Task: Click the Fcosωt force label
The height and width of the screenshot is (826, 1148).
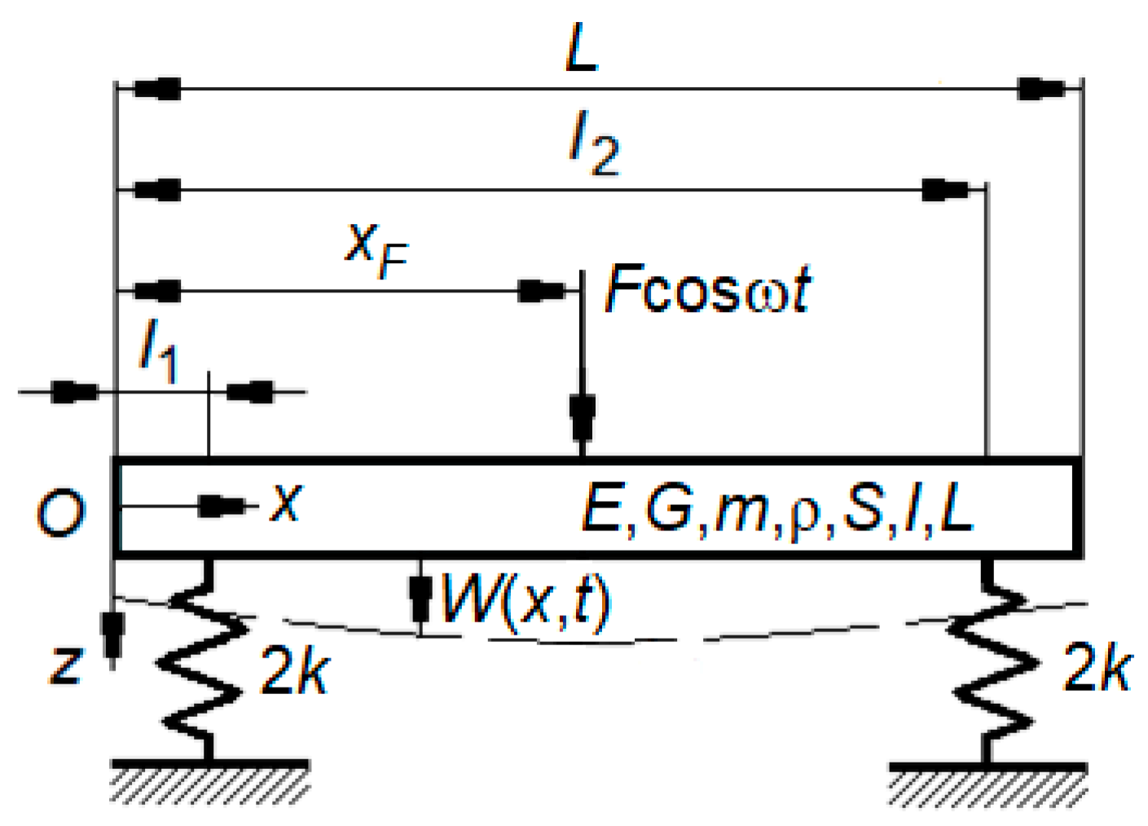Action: click(x=707, y=290)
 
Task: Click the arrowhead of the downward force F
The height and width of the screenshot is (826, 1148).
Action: click(x=582, y=419)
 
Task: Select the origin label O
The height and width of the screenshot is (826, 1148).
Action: click(x=60, y=513)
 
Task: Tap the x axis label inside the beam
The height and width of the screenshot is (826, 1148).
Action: click(x=285, y=503)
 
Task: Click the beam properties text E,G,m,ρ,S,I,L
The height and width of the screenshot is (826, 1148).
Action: click(x=778, y=511)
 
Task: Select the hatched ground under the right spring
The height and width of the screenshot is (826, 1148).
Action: click(x=987, y=784)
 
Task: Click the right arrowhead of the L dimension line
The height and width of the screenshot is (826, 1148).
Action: click(x=1041, y=88)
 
